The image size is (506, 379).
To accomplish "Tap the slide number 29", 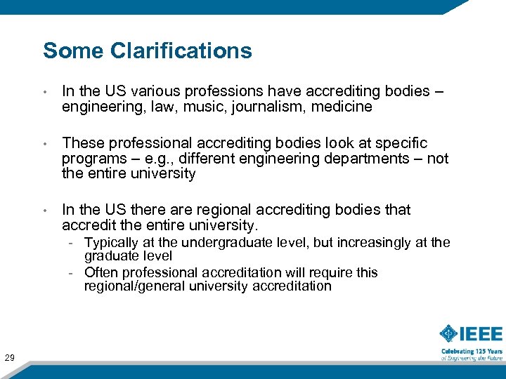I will pyautogui.click(x=10, y=359).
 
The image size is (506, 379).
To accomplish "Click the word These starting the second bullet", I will pyautogui.click(x=82, y=143).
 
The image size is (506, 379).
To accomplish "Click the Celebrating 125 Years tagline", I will pyautogui.click(x=472, y=351).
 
